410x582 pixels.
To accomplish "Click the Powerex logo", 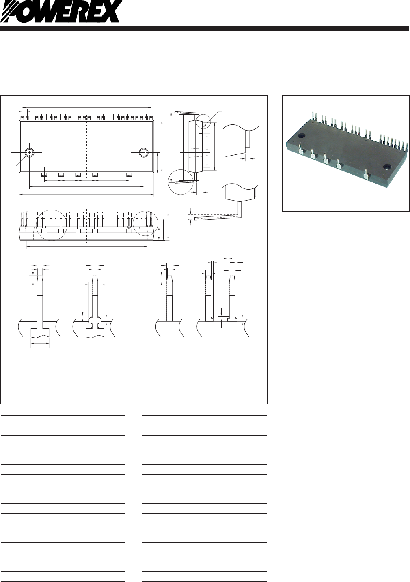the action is (x=61, y=12).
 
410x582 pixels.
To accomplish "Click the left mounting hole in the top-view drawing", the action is (x=29, y=152).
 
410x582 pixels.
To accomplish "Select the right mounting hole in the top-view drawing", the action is (x=143, y=152).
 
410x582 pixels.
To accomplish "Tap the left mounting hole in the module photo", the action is (x=302, y=136).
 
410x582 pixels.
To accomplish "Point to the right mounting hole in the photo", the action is (x=386, y=167).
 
